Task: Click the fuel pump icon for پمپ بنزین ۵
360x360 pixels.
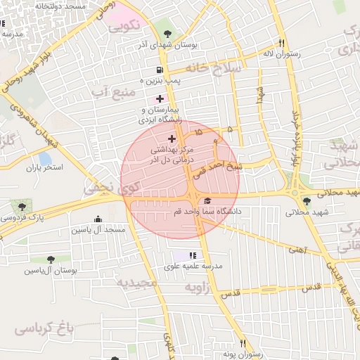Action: (x=160, y=70)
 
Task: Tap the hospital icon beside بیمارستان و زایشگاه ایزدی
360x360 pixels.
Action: (x=160, y=98)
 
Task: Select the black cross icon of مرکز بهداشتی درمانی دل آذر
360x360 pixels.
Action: (x=172, y=139)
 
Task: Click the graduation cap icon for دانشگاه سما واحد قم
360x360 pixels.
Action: (x=206, y=200)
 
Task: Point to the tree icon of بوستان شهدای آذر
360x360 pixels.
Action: (x=167, y=34)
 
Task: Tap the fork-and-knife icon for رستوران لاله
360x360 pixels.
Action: (x=281, y=42)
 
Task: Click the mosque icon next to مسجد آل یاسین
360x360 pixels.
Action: (x=97, y=219)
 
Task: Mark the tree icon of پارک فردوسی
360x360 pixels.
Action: (x=22, y=206)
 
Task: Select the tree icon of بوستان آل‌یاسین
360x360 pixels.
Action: (x=50, y=259)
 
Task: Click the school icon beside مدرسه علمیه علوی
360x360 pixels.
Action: (x=193, y=255)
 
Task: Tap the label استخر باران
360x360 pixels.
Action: (x=45, y=168)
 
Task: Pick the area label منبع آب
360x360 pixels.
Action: (x=108, y=92)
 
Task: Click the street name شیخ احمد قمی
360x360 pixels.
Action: (x=240, y=167)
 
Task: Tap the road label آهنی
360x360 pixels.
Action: (x=297, y=248)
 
